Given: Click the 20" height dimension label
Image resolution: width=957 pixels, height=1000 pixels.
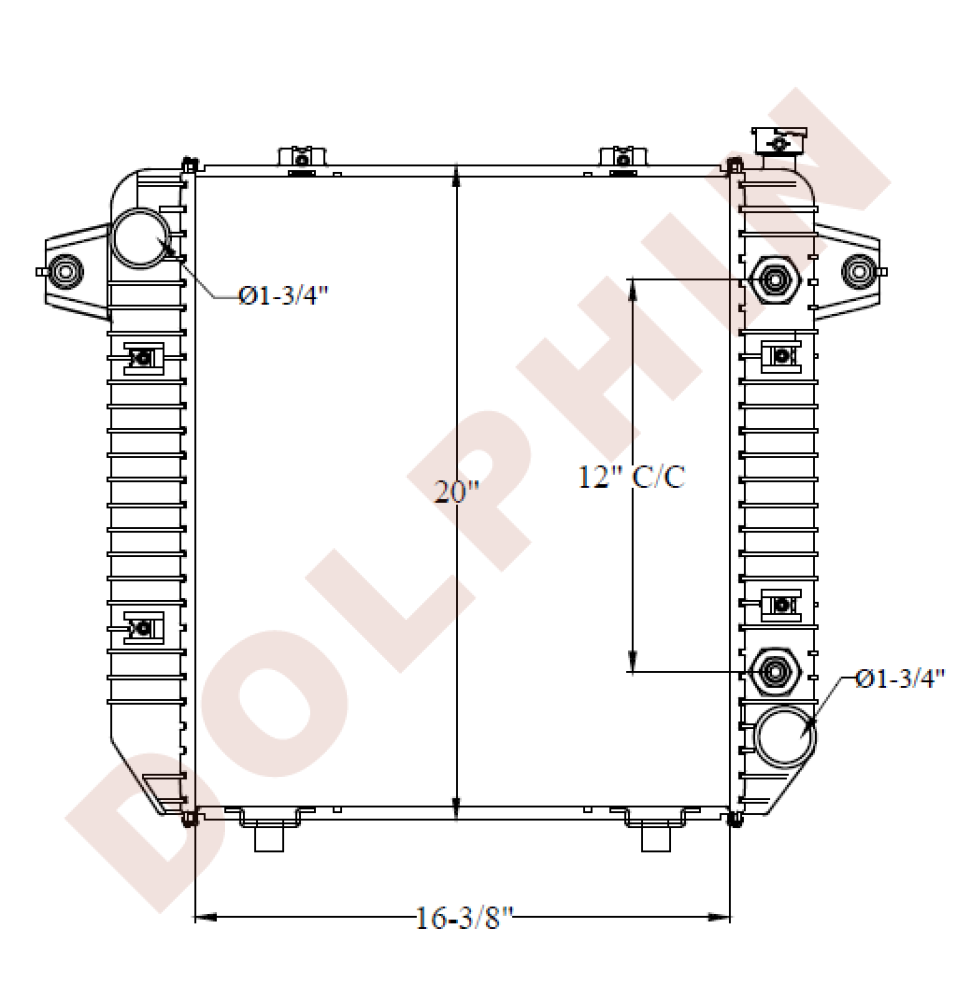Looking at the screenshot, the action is tap(457, 492).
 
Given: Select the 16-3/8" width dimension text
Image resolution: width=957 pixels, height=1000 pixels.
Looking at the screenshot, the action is tap(464, 918).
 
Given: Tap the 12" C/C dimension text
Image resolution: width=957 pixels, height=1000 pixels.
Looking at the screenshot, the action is tap(631, 477).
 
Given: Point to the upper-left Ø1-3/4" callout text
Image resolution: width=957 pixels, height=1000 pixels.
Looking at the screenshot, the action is tap(283, 295).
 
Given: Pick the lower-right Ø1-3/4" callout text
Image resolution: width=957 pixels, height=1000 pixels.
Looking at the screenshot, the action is tap(900, 679).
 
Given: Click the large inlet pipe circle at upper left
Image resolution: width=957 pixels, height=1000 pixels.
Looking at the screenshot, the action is tap(141, 239).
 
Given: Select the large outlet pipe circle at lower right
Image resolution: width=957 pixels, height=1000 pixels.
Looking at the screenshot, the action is tap(784, 737).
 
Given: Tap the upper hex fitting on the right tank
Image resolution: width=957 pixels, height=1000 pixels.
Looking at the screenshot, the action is tap(774, 279).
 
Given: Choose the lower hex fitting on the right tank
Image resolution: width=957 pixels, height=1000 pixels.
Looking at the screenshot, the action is tap(774, 672).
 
